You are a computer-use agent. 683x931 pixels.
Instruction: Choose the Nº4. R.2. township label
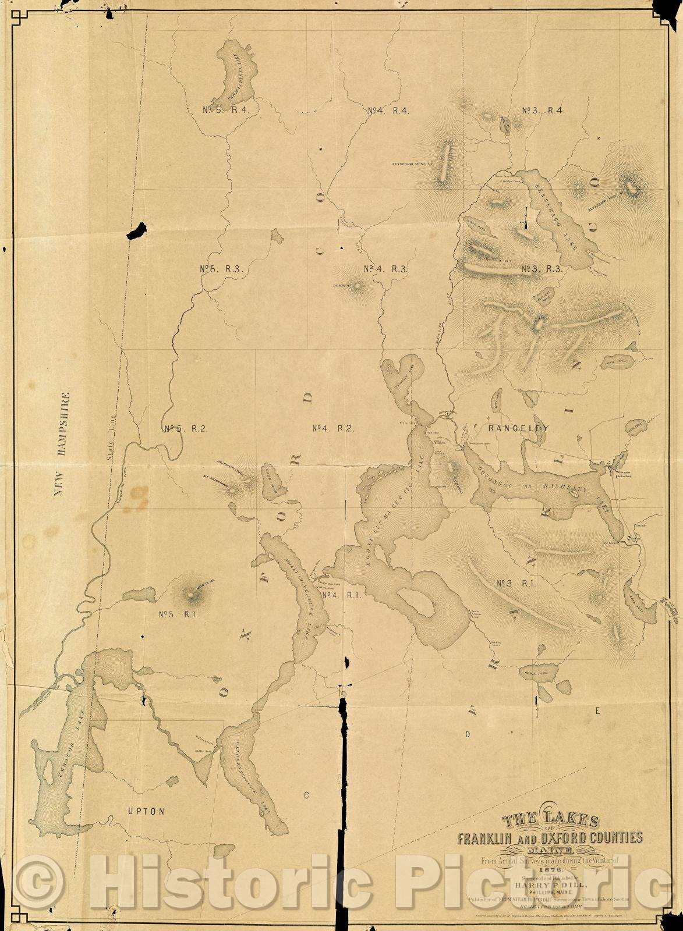coord(332,429)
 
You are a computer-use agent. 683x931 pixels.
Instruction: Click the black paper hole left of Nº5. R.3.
coord(139,230)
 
